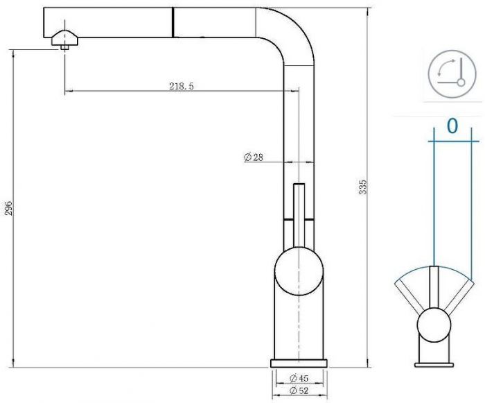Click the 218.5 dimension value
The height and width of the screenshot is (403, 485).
tap(181, 86)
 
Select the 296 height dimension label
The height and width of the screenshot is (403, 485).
tap(9, 209)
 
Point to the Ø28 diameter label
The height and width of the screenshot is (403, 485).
tap(254, 157)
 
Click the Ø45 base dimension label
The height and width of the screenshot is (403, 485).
tap(298, 378)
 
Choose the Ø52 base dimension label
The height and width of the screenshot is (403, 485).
tap(298, 392)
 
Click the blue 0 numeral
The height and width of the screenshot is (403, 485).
tap(452, 126)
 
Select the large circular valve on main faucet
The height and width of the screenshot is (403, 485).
tap(299, 272)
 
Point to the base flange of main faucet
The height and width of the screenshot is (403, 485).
tap(299, 363)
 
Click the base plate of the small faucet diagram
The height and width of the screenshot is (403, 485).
tap(434, 363)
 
